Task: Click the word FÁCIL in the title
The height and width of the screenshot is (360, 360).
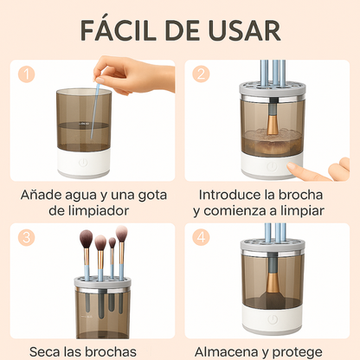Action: [x=120, y=29]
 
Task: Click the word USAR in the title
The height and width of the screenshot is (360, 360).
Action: [x=246, y=29]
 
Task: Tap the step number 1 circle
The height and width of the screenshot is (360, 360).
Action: [x=29, y=75]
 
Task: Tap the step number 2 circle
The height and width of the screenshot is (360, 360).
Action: [x=201, y=75]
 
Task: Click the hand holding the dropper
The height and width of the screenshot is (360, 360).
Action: [x=130, y=74]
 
